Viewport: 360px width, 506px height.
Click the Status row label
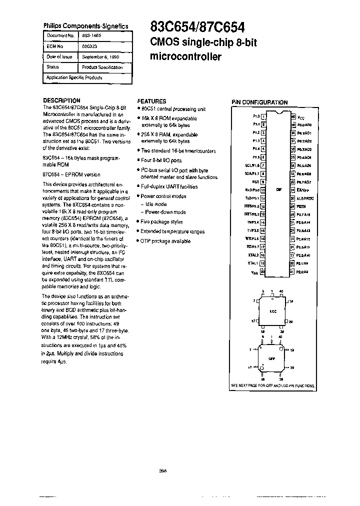52,67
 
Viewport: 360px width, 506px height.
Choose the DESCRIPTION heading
61,100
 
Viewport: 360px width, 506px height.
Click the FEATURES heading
151,101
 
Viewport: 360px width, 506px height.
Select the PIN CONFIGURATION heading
259,102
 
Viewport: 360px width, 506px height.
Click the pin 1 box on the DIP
263,116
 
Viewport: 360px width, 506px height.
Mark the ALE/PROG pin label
305,198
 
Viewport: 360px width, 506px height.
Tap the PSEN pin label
301,206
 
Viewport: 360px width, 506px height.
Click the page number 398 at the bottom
162,470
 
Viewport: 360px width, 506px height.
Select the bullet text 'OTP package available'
165,241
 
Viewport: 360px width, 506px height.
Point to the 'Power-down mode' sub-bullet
165,212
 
